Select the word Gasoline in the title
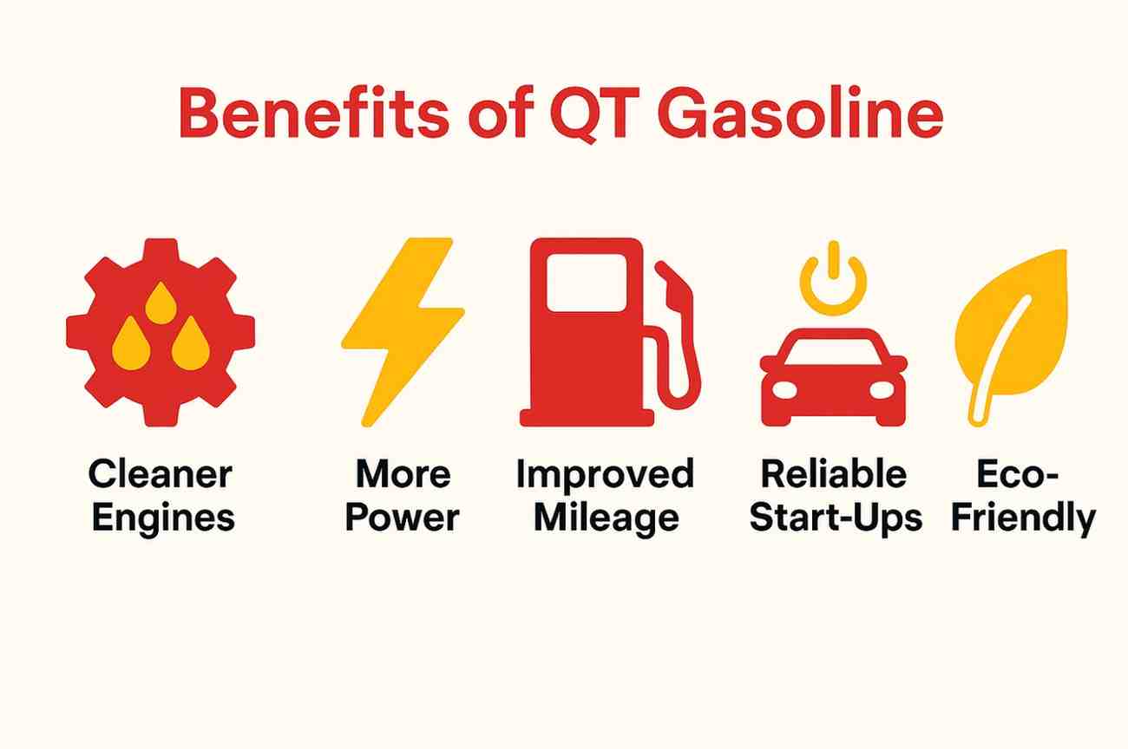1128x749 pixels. point(799,114)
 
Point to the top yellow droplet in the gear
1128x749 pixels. point(161,303)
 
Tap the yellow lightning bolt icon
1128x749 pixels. point(402,330)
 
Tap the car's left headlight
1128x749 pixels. point(784,389)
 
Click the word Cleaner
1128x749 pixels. point(161,474)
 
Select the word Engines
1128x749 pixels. point(162,518)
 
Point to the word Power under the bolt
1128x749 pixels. point(402,518)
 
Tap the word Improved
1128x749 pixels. point(605,474)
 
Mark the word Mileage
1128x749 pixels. point(605,518)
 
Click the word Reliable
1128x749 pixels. point(833,474)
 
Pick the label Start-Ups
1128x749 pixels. point(835,518)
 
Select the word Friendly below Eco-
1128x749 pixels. point(1022,518)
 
